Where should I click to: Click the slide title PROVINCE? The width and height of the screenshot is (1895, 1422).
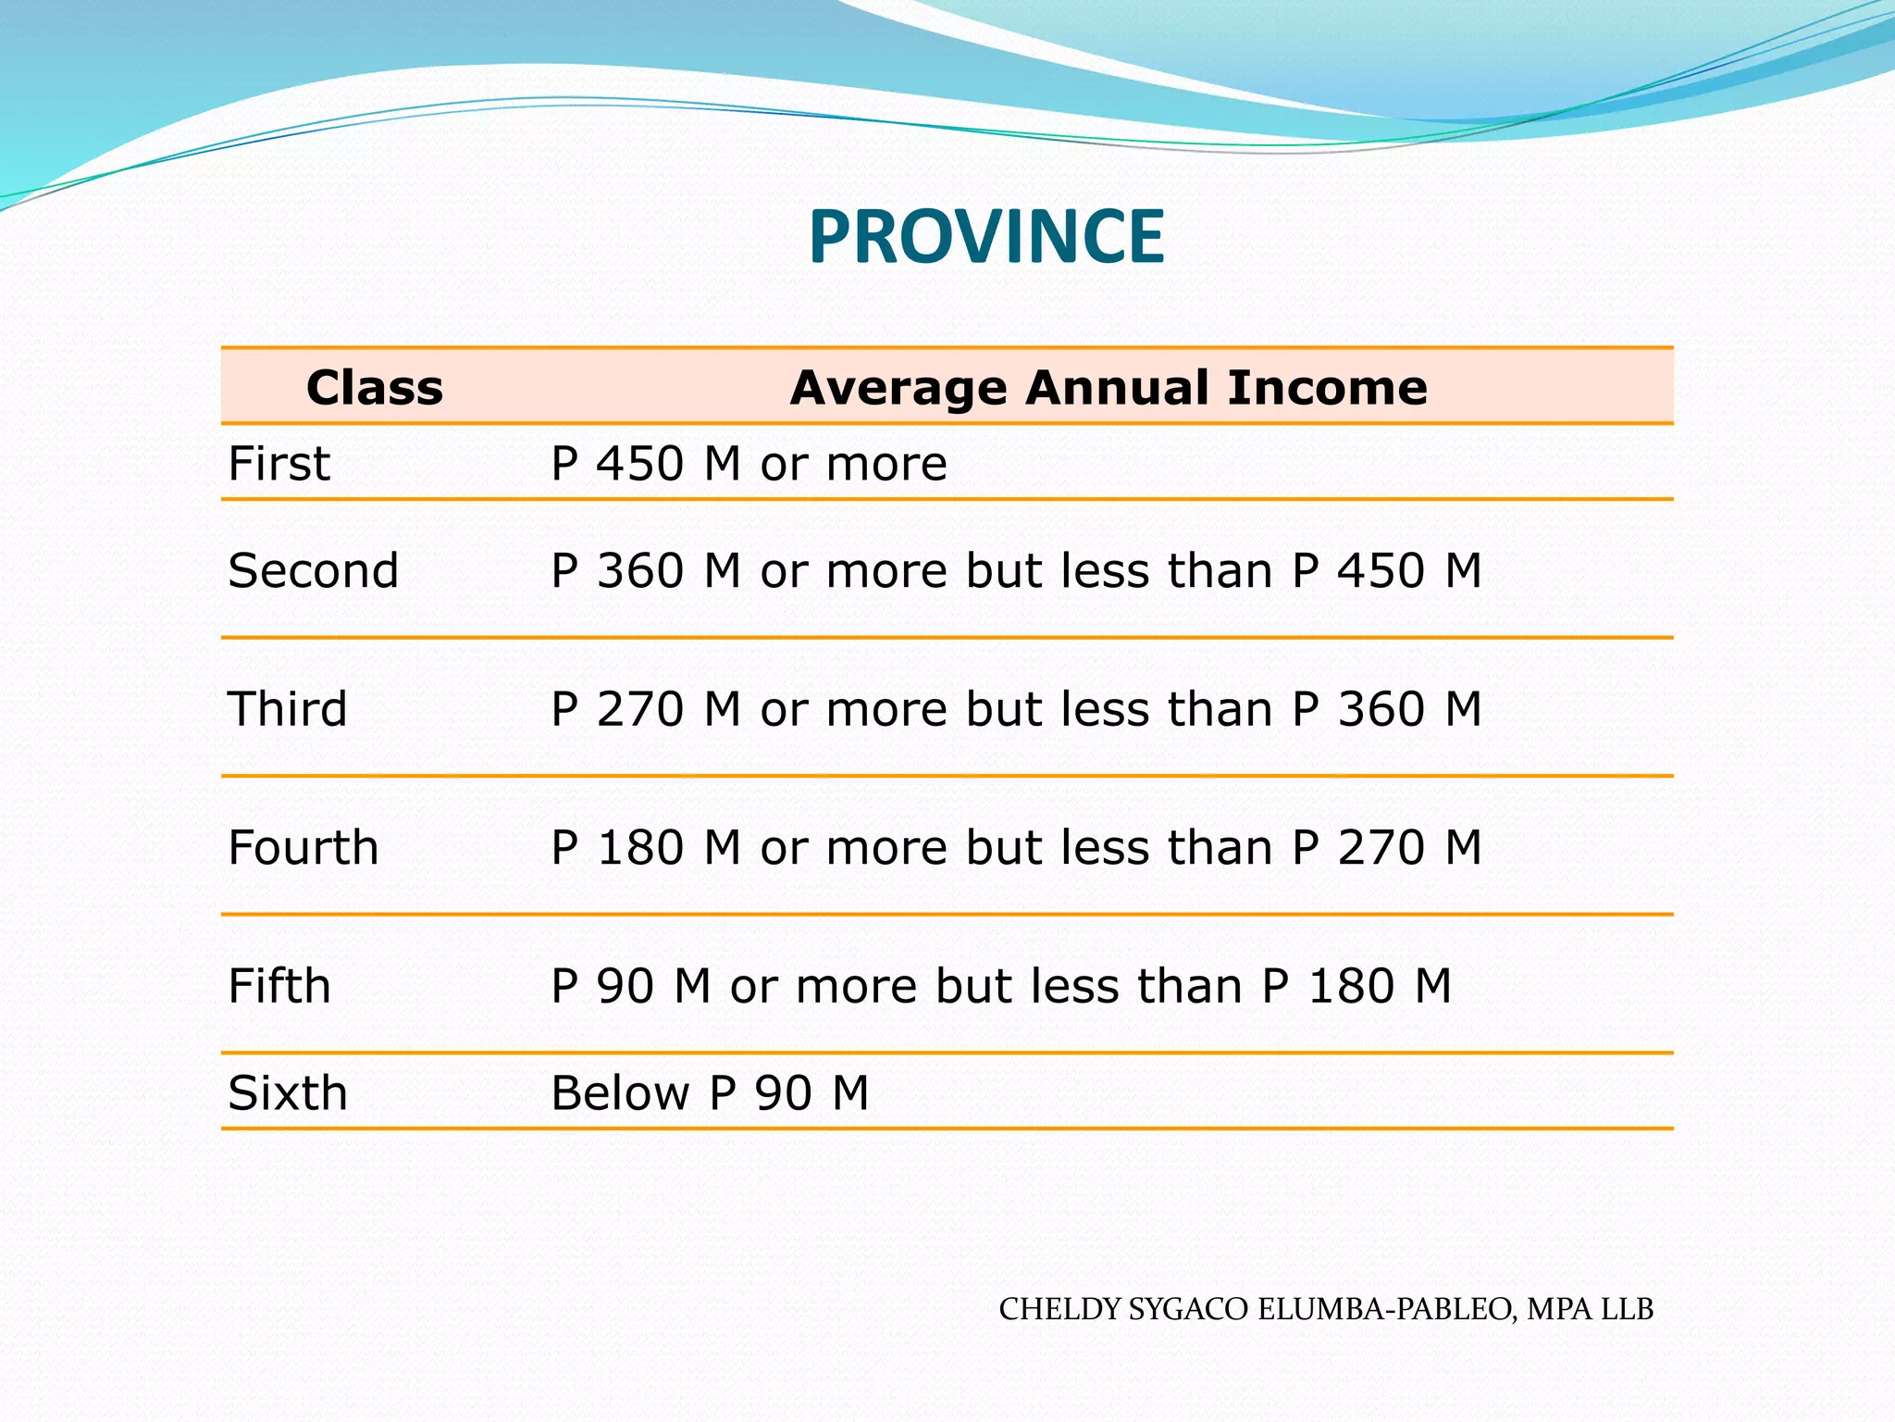coord(986,237)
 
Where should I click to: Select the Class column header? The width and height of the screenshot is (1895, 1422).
coord(375,387)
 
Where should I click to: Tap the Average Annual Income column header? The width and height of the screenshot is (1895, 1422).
coord(1109,387)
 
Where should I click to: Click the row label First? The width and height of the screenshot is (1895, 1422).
coord(279,463)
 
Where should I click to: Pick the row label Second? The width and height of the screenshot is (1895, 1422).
coord(314,570)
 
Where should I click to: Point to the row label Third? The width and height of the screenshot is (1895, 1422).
coord(288,709)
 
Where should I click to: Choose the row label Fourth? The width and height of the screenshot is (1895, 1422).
coord(303,847)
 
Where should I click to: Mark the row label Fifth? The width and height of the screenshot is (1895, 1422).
coord(279,986)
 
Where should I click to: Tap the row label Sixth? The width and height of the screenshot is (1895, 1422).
coord(288,1093)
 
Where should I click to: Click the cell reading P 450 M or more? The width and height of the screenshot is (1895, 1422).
coord(749,463)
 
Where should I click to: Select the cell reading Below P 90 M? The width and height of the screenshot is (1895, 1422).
coord(710,1093)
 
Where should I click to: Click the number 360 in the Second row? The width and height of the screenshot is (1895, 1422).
coord(640,570)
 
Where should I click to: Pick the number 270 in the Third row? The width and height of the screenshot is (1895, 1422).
coord(640,709)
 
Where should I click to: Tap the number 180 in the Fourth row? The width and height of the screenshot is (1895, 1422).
coord(640,847)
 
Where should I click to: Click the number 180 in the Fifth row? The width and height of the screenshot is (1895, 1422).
coord(1351,986)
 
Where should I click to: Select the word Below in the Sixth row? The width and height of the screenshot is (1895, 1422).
coord(620,1093)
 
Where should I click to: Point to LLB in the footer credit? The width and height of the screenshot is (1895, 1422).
coord(1627,1309)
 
